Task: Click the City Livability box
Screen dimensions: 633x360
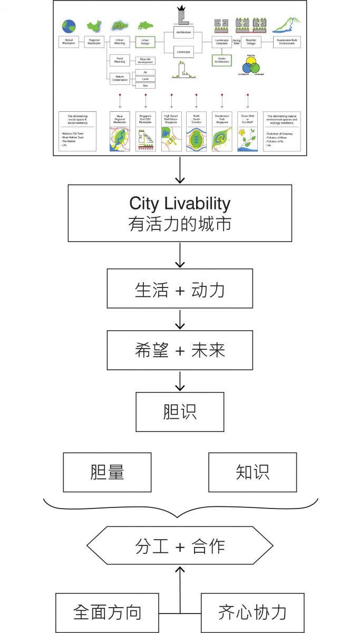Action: click(x=180, y=213)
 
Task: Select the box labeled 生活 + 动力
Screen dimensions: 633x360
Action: click(x=180, y=289)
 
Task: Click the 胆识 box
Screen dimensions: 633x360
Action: click(x=180, y=411)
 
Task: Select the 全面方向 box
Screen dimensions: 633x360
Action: click(x=107, y=612)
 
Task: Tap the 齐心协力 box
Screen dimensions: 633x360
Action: click(x=252, y=612)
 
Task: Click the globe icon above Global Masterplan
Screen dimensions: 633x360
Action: click(x=69, y=26)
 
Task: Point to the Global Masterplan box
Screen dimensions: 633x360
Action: click(x=69, y=42)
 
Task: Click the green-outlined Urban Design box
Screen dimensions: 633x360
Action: click(x=145, y=42)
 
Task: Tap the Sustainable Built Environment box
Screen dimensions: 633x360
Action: click(x=287, y=42)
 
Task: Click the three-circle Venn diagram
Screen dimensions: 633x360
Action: click(x=251, y=66)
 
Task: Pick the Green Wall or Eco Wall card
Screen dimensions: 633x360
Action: click(x=247, y=131)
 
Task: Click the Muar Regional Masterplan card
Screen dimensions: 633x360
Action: click(x=120, y=131)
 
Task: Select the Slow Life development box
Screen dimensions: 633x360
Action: click(x=145, y=61)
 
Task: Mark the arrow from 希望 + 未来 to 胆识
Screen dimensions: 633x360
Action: click(x=180, y=381)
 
